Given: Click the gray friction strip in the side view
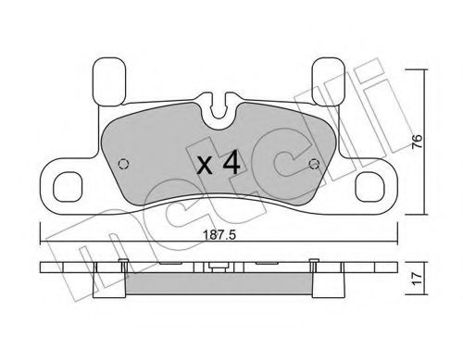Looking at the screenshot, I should click(x=219, y=286).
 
